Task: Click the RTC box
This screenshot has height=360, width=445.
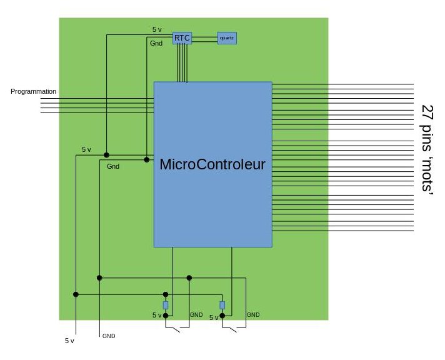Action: pyautogui.click(x=182, y=38)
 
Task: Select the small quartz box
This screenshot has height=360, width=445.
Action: pyautogui.click(x=227, y=38)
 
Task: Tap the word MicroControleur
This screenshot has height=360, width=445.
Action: pyautogui.click(x=212, y=164)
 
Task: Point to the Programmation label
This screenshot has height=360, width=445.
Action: pyautogui.click(x=34, y=91)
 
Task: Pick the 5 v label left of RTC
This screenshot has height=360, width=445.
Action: pyautogui.click(x=157, y=29)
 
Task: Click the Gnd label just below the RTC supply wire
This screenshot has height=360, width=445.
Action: pyautogui.click(x=156, y=43)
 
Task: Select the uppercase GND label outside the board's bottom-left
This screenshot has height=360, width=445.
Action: pyautogui.click(x=109, y=336)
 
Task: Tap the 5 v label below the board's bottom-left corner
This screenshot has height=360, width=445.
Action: pyautogui.click(x=69, y=341)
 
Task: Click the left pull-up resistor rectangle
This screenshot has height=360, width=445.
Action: pyautogui.click(x=166, y=305)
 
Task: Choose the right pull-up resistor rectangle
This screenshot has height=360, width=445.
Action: pyautogui.click(x=222, y=305)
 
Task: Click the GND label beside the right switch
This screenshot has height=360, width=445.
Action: pyautogui.click(x=253, y=315)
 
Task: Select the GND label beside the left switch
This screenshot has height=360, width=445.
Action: pyautogui.click(x=196, y=315)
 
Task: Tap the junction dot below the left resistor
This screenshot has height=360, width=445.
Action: pyautogui.click(x=166, y=316)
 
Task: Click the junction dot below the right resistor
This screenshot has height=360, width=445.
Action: pyautogui.click(x=222, y=316)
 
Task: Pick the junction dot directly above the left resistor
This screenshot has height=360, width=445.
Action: pyautogui.click(x=166, y=294)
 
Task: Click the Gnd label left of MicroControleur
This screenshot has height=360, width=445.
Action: pyautogui.click(x=113, y=166)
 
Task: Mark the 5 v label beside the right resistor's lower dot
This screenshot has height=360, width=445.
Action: pyautogui.click(x=214, y=317)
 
